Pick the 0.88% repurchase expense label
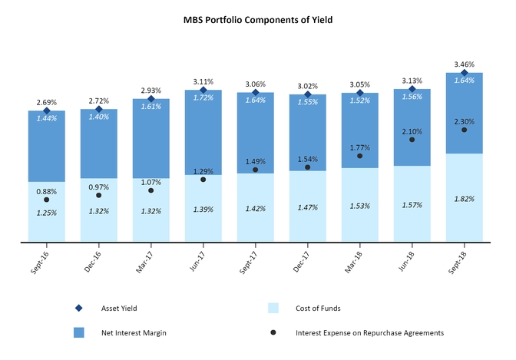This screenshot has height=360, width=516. (47, 191)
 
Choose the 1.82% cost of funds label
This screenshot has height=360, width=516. (464, 198)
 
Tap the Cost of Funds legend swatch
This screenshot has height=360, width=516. (273, 308)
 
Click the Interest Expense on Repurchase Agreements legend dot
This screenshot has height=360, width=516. (273, 332)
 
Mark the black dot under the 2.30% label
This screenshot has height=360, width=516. (464, 130)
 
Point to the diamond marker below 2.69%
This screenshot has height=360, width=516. (47, 111)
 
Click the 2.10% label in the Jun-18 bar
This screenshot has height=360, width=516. (412, 130)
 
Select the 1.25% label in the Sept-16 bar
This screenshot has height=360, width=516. (47, 212)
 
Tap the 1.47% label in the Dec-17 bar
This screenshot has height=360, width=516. (307, 207)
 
